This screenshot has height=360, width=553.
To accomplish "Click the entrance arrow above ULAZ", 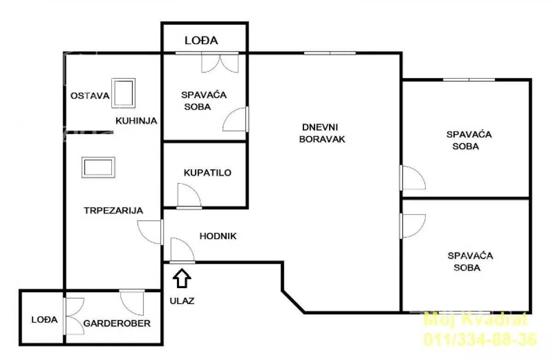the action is (182, 278).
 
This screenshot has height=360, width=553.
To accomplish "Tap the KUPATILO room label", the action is (208, 172).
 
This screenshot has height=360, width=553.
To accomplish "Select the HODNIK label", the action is (218, 236).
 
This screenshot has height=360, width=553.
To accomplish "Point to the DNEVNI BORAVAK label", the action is (322, 133).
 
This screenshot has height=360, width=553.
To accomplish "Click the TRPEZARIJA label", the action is (113, 210).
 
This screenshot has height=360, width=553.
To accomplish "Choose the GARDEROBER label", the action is (117, 323).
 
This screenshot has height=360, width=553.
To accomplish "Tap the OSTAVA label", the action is (90, 95).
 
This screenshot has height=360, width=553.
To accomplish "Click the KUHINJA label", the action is (136, 121).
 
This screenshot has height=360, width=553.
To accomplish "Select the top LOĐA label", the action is (201, 41).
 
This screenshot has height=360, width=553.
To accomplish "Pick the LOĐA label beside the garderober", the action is (44, 320).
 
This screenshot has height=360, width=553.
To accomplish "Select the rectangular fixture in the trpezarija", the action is (99, 167).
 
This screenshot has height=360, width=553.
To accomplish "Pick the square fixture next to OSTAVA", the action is (123, 93).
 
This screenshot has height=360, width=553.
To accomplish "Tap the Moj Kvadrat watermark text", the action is (476, 319).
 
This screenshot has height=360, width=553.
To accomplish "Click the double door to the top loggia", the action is (220, 63).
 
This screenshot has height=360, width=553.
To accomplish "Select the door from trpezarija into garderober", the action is (132, 302).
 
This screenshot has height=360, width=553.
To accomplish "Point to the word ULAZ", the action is (182, 301).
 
